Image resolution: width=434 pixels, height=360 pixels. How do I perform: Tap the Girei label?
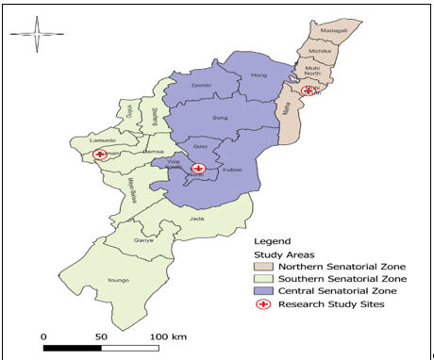[x=200, y=147]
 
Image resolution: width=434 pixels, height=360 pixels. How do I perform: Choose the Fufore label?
[x=233, y=170]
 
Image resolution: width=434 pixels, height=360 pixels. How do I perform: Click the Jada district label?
[x=196, y=219]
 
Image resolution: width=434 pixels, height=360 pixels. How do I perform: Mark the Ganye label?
[x=144, y=239]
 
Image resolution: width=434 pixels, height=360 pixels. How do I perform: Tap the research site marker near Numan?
[x=100, y=155]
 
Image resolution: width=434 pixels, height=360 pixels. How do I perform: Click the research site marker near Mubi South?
[x=308, y=91]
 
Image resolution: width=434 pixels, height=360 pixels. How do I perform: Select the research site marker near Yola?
[x=198, y=169]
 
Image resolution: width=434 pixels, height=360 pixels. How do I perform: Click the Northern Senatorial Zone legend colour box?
[x=261, y=266]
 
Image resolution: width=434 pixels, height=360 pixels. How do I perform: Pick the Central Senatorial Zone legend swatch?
[x=261, y=291]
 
